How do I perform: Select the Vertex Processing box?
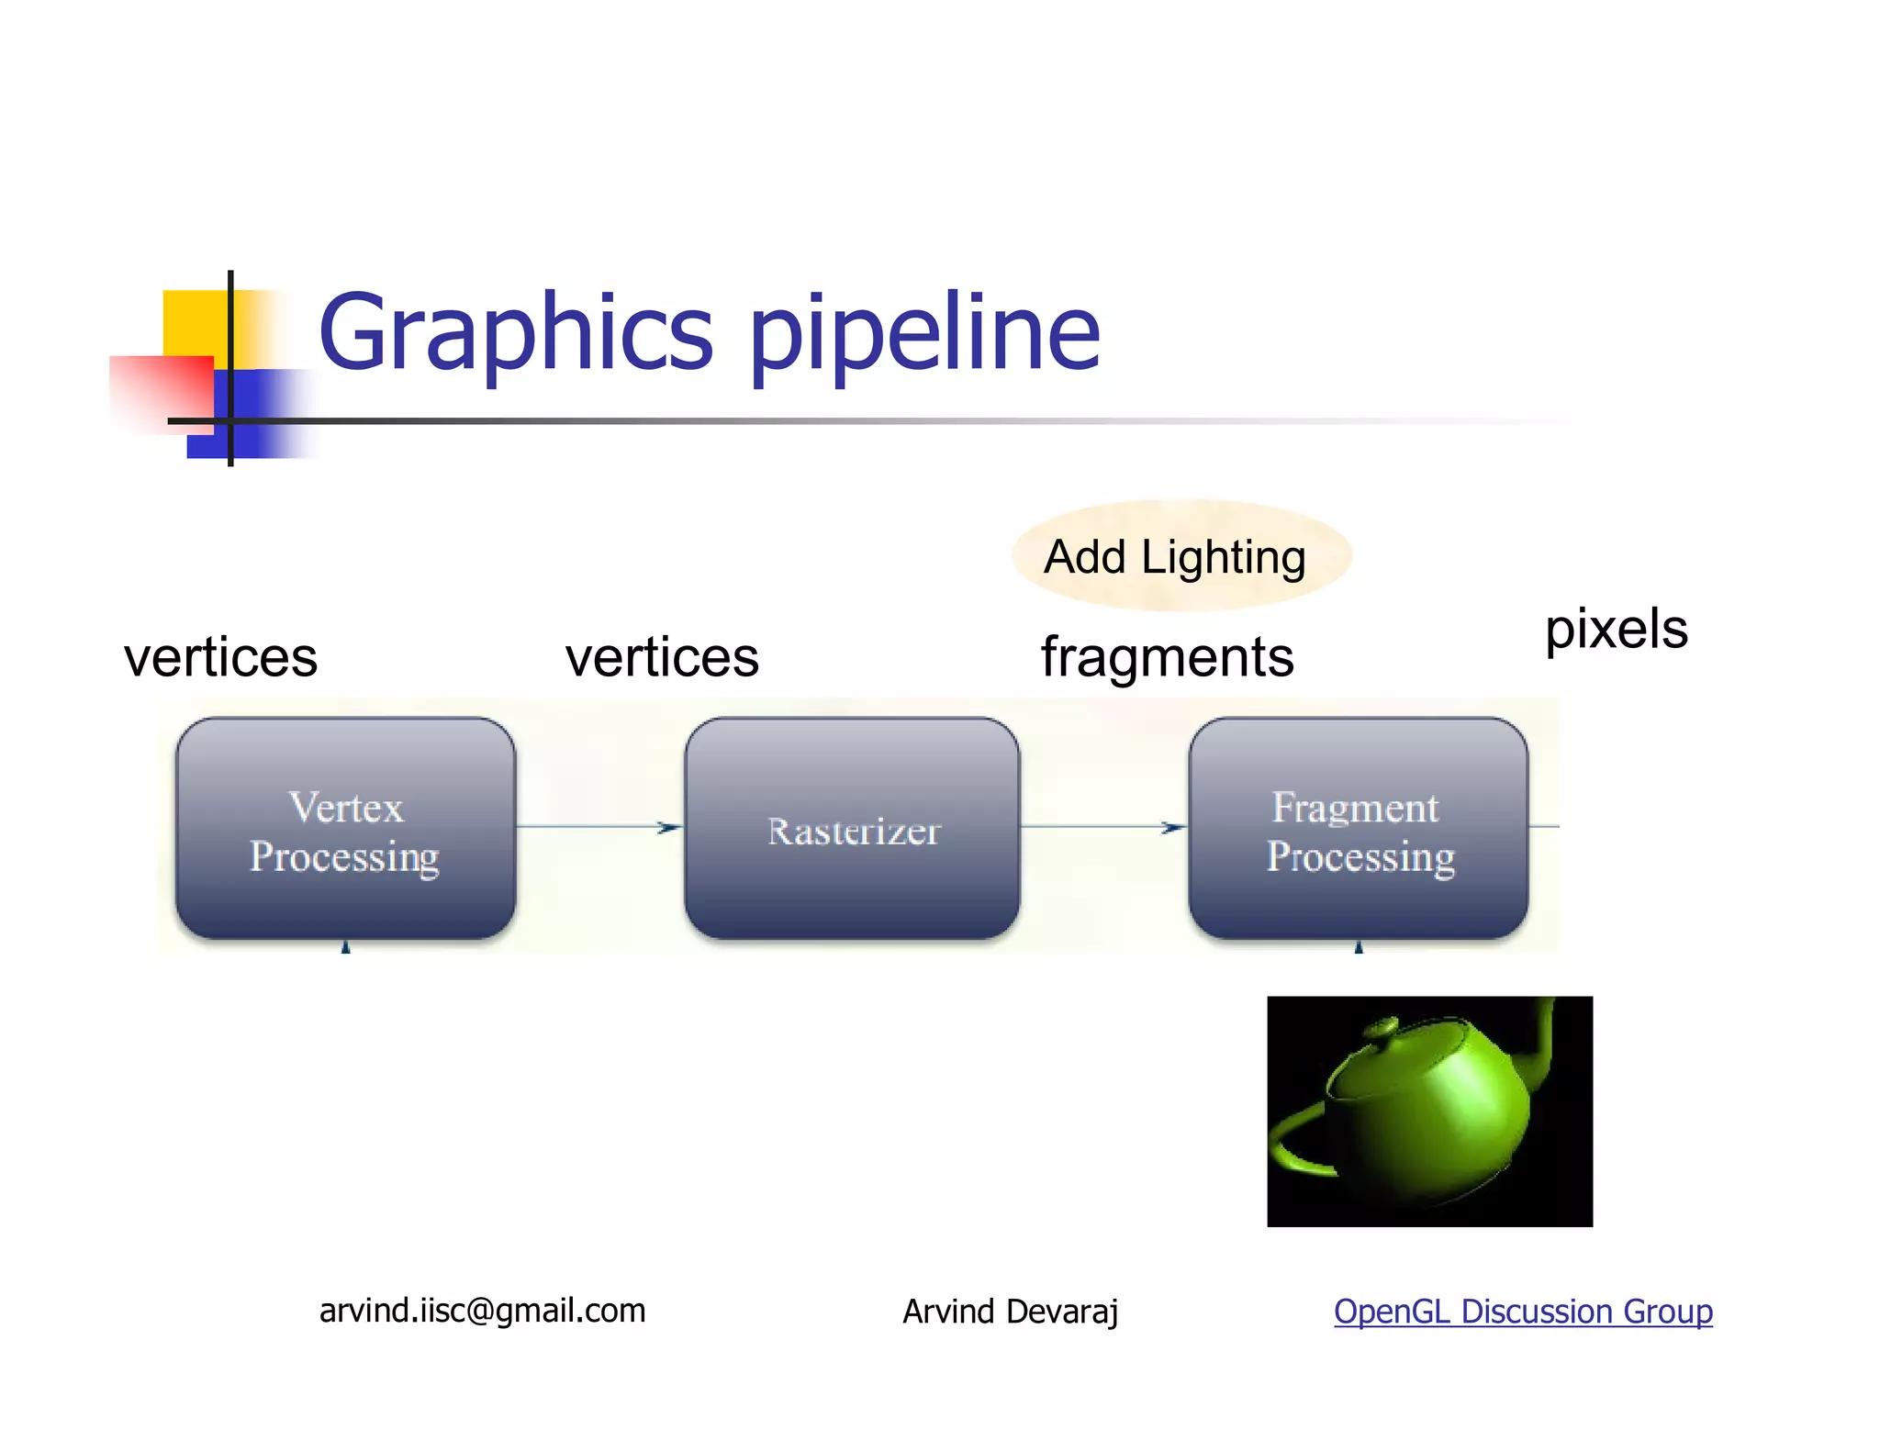click(x=345, y=829)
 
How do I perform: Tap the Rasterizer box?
click(x=852, y=829)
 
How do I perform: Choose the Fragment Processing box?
click(x=1359, y=829)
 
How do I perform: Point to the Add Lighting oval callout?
click(x=1181, y=556)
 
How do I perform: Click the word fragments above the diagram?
click(x=1167, y=658)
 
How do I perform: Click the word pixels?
click(x=1616, y=630)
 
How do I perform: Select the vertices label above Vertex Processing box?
click(x=220, y=658)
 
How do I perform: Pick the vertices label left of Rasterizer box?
click(x=662, y=658)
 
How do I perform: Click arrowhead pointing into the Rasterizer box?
click(x=670, y=828)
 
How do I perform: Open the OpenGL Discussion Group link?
click(x=1522, y=1312)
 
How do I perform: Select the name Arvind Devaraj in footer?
click(x=1010, y=1312)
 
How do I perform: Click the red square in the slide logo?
click(x=162, y=390)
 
